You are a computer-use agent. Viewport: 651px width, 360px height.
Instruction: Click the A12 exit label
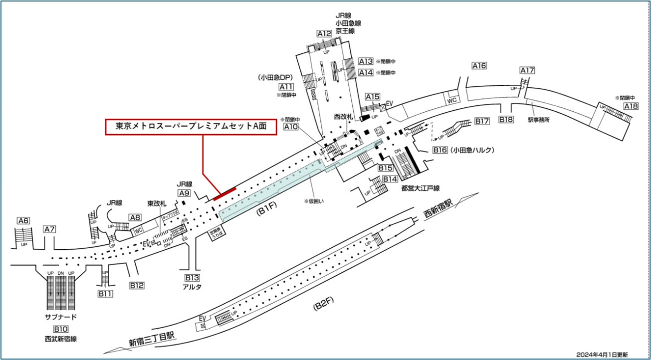(324, 34)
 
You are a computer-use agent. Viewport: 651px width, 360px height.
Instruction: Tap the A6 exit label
(23, 221)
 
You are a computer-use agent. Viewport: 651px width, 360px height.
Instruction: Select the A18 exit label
(631, 106)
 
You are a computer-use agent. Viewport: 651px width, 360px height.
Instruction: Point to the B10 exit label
(60, 329)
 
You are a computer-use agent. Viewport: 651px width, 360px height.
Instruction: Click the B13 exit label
(192, 278)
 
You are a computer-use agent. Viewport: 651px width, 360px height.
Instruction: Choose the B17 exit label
(481, 121)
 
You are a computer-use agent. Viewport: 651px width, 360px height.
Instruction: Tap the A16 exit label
(479, 66)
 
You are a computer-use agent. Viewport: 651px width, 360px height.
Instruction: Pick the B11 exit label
(105, 294)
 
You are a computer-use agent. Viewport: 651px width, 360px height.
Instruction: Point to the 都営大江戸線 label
(421, 188)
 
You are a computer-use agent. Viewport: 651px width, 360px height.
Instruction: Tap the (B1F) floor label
(266, 211)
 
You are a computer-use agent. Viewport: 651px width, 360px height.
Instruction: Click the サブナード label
(60, 317)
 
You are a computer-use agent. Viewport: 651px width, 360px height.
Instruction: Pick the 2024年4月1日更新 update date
(602, 354)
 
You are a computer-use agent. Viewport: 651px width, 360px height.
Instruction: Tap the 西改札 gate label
(344, 116)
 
